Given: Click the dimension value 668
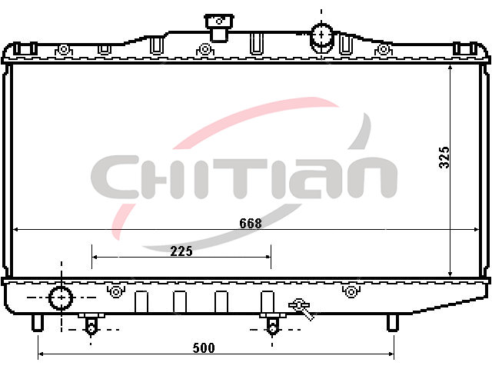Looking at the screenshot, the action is (x=250, y=224).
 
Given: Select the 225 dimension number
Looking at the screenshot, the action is (x=181, y=251).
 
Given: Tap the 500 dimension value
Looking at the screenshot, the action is (x=204, y=348).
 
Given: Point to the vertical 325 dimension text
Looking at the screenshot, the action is (x=444, y=157).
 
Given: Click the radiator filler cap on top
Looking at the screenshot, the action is (x=219, y=27).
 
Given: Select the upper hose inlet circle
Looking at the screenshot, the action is (x=321, y=35).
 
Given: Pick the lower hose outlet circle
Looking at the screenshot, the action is (x=61, y=298).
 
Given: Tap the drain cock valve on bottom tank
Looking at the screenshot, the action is (x=301, y=308).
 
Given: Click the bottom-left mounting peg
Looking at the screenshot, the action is (x=38, y=323).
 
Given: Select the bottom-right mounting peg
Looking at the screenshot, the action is (x=393, y=323).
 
